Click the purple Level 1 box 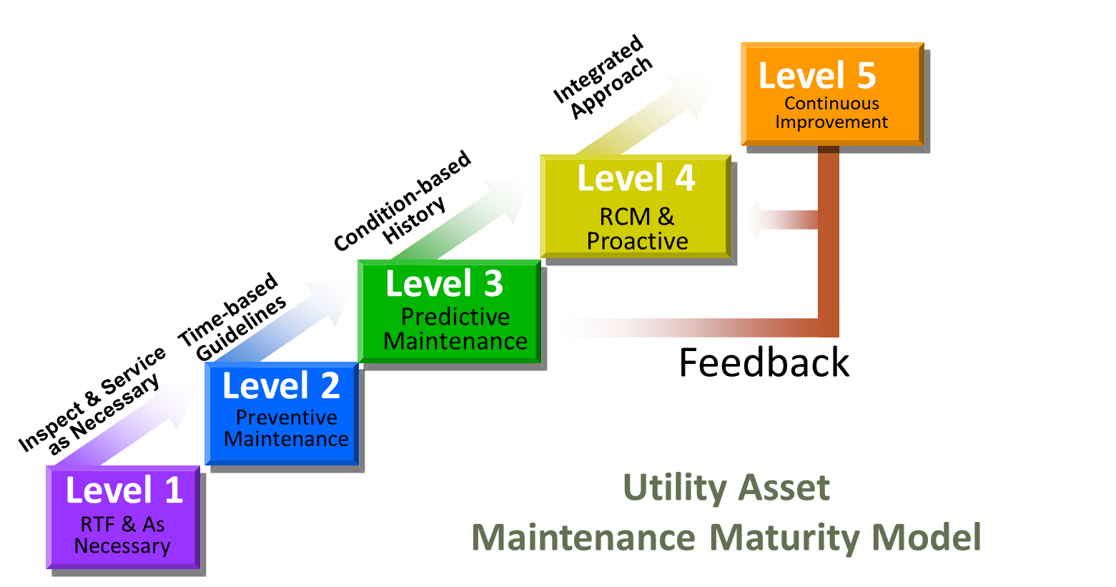click(x=123, y=516)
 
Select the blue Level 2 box click(x=281, y=413)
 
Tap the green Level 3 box click(x=449, y=310)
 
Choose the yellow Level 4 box click(x=635, y=206)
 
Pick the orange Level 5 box click(x=831, y=94)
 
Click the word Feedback click(x=764, y=362)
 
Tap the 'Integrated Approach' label click(x=603, y=78)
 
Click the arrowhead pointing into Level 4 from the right click(x=751, y=219)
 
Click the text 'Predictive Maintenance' click(x=455, y=329)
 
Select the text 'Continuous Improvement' click(x=831, y=113)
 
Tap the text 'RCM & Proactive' click(x=637, y=229)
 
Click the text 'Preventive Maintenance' click(x=286, y=428)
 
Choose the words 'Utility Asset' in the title click(x=726, y=488)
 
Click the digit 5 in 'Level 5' click(x=866, y=76)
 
